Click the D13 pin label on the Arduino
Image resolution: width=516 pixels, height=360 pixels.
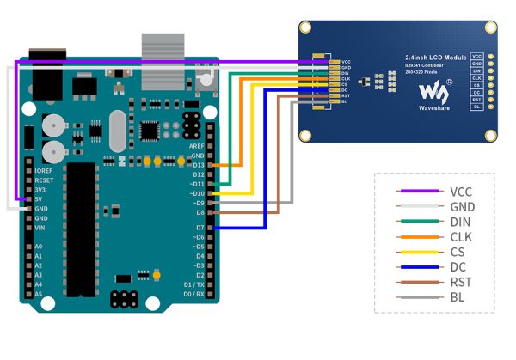pos(197,164)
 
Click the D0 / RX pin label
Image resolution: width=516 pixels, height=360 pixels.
pos(193,294)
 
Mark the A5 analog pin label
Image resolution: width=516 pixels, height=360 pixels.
pos(38,294)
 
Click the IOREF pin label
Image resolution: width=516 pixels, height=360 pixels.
pos(44,171)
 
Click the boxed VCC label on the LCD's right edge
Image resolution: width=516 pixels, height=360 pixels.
pos(476,55)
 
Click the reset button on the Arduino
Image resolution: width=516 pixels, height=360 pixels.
pos(205,82)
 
